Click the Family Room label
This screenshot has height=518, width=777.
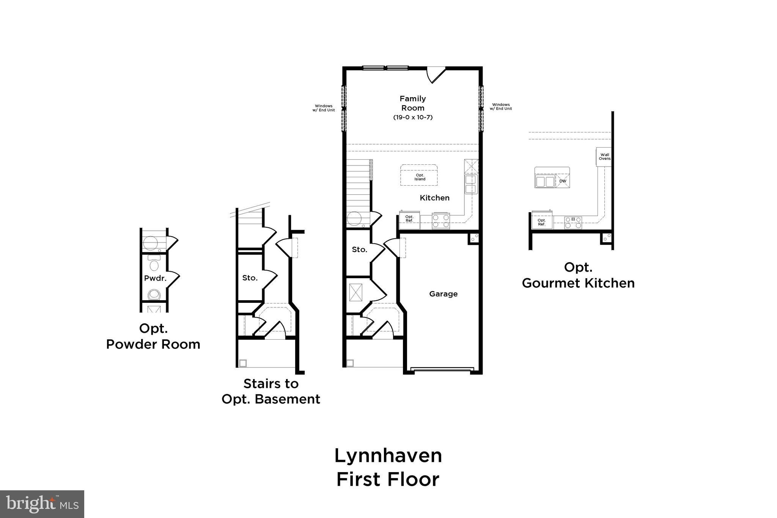pos(412,103)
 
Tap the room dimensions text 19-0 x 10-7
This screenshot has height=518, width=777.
pos(412,117)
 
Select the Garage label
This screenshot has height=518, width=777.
pos(443,294)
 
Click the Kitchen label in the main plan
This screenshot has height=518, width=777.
pos(434,198)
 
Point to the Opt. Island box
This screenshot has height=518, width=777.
pos(419,176)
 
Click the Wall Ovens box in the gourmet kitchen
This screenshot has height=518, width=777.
pos(604,156)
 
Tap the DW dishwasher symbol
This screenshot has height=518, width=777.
pos(563,181)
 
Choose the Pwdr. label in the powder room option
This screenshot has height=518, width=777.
pos(155,278)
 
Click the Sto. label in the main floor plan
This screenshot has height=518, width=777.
pos(359,249)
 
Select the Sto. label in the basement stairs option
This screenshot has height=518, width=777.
pos(250,278)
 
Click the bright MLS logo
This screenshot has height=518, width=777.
pos(42,504)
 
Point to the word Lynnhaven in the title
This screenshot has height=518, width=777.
pos(388,456)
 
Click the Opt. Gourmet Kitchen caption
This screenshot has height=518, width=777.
pos(578,275)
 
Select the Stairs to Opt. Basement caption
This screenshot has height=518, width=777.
pos(271,391)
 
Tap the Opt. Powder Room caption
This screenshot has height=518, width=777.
pos(153,336)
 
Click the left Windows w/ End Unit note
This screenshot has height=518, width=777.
pos(324,108)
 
